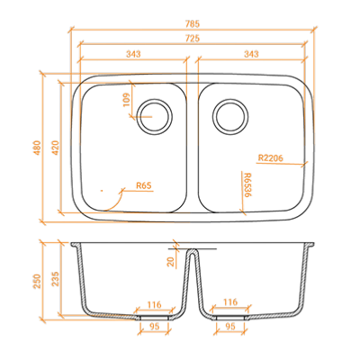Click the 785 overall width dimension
(193, 23)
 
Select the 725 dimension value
(193, 39)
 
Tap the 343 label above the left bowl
(133, 54)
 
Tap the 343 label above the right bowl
(251, 54)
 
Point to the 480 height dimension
(38, 148)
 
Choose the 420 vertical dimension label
(56, 148)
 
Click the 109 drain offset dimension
(127, 100)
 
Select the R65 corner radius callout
(144, 185)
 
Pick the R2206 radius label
(270, 157)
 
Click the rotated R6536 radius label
(247, 184)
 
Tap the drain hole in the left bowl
(155, 117)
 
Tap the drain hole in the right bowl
(230, 117)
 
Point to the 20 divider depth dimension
(171, 261)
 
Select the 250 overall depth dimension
(38, 281)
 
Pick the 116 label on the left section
(155, 305)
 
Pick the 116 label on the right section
(230, 301)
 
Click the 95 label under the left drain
(154, 327)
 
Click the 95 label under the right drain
(230, 327)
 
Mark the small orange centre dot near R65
(102, 190)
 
